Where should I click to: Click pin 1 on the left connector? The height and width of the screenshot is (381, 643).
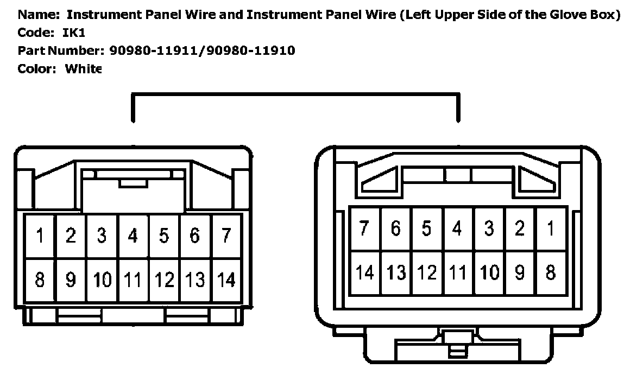(x=40, y=236)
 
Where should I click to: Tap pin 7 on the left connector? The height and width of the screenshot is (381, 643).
(x=226, y=236)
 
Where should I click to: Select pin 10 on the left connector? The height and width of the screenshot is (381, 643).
(x=102, y=280)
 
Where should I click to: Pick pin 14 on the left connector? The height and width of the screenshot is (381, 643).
(x=226, y=280)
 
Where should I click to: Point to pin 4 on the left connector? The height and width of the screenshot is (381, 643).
(x=133, y=236)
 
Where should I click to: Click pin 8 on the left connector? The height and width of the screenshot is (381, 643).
(x=40, y=280)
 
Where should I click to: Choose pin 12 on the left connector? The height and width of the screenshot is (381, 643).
(x=164, y=280)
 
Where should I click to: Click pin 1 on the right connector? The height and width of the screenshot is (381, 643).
(x=551, y=228)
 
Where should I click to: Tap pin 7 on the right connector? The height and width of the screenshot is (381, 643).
(x=365, y=228)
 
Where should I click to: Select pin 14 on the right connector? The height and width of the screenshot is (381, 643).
(x=365, y=272)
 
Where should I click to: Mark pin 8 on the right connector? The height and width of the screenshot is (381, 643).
(x=551, y=272)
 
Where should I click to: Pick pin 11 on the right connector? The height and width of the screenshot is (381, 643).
(x=458, y=272)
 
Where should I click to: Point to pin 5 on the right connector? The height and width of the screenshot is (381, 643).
(x=427, y=228)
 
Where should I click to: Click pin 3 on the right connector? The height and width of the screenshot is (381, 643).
(x=489, y=228)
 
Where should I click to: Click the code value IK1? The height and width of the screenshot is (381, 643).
(x=74, y=33)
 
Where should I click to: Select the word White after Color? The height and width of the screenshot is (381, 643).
(x=83, y=69)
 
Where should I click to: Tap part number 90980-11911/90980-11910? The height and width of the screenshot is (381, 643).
(x=203, y=51)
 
